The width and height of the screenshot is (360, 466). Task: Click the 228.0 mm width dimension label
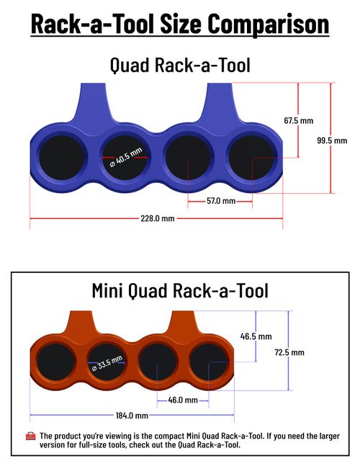pos(157,218)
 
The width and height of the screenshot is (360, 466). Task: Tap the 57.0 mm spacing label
pos(220,201)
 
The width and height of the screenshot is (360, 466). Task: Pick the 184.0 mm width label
pos(131,416)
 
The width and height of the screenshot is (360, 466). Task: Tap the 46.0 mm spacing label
pos(182,400)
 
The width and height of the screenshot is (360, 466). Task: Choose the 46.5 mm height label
pos(256,336)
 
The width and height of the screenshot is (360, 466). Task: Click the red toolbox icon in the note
pos(30,436)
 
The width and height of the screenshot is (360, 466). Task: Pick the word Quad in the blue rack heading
pos(128,65)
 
